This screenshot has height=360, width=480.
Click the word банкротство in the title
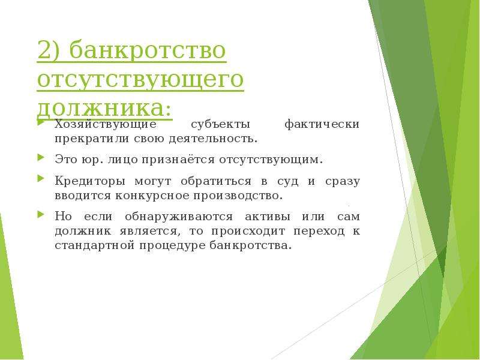148,50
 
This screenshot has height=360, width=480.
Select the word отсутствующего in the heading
140,80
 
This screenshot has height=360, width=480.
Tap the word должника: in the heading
104,109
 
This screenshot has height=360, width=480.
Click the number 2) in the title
50,50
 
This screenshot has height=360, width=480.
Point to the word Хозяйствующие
106,125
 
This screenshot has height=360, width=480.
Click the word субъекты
221,125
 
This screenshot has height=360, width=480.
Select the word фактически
322,124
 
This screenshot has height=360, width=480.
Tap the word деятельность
213,139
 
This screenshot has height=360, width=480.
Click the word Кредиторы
90,181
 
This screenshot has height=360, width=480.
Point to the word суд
288,182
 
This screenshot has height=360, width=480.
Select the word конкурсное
152,196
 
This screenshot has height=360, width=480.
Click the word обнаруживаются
179,217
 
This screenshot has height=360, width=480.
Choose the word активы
267,217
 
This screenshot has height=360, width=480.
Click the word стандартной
95,245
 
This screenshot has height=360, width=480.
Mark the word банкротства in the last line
250,245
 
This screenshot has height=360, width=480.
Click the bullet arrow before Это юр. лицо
41,158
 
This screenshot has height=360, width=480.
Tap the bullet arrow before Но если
41,214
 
